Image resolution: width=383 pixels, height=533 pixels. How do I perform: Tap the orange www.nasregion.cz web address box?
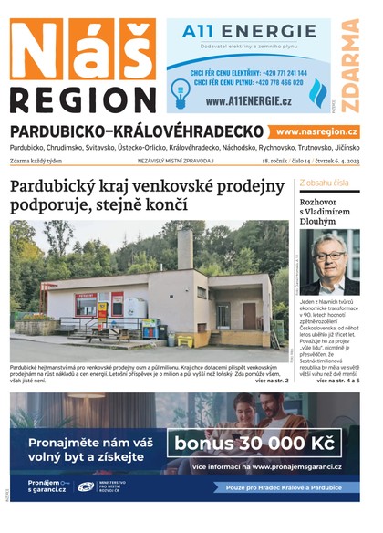316,132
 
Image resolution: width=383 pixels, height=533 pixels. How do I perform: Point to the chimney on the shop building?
184,248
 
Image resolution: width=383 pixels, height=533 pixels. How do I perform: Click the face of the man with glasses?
329,251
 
